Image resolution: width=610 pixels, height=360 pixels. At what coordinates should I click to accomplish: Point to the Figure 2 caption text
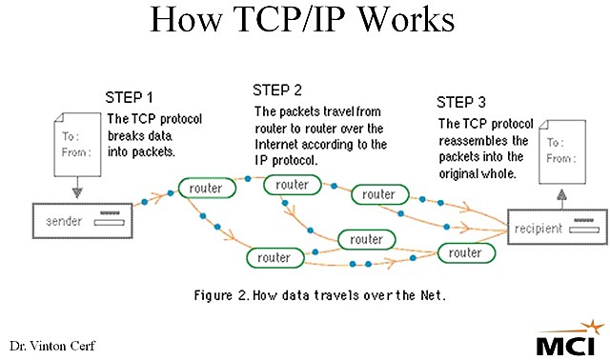click(310, 294)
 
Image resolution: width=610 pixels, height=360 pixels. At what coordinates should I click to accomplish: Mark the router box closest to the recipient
click(464, 252)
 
